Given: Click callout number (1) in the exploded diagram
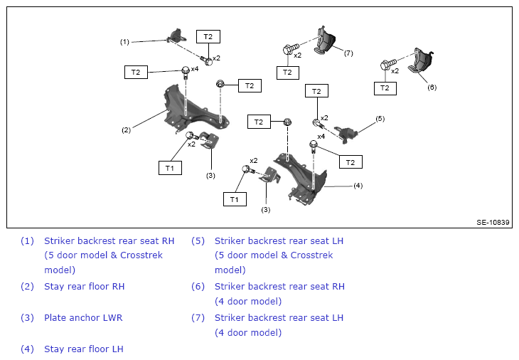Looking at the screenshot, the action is (x=124, y=42).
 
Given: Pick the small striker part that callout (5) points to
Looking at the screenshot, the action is (x=346, y=134).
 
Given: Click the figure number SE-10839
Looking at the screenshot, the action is (x=493, y=223).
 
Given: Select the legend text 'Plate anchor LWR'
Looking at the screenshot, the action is (x=83, y=318).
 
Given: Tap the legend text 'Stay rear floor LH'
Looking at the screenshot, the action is (x=84, y=349).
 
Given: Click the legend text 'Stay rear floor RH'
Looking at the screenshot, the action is (x=85, y=287).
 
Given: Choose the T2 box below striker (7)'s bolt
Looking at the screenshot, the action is (x=288, y=73).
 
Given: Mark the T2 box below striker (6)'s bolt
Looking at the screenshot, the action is (x=385, y=88).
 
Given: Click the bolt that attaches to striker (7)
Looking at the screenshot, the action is (x=291, y=48).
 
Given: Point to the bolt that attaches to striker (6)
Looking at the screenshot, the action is (x=388, y=64).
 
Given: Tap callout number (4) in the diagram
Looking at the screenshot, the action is (x=358, y=186).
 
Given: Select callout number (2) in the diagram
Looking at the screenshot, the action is (x=126, y=130).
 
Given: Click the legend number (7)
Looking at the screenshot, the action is (x=198, y=318).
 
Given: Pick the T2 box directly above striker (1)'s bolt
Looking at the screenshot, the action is (x=208, y=37).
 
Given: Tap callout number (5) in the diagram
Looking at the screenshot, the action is (x=380, y=119).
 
